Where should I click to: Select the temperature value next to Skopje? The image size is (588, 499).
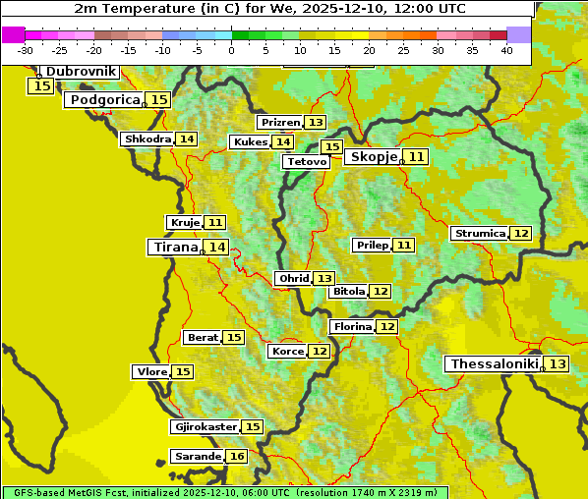pos(417,156)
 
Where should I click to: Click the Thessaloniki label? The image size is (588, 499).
pos(494,363)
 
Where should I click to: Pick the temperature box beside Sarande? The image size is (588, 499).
pos(236,457)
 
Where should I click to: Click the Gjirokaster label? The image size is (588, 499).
pos(205,426)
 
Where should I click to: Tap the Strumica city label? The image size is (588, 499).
pos(479,233)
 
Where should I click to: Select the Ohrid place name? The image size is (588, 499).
pos(293,278)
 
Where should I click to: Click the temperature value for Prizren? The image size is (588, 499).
pos(315,122)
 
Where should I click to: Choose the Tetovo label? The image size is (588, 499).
pos(306,161)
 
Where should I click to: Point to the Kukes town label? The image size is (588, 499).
pos(250,141)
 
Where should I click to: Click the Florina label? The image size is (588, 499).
pos(352,325)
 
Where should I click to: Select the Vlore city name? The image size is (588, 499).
pos(150,371)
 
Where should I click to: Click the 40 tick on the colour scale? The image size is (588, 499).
pos(506,50)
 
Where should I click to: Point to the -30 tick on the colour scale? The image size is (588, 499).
pos(26,50)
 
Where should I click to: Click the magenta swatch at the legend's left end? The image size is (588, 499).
pos(13,34)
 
